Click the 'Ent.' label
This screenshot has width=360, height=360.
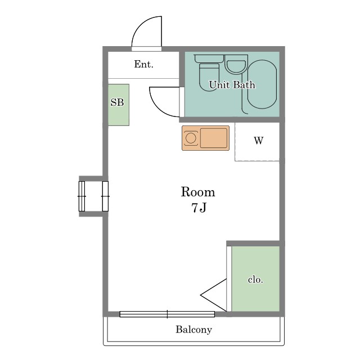(x=144, y=64)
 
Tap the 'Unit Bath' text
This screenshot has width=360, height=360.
(x=232, y=85)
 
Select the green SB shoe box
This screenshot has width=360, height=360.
(x=119, y=105)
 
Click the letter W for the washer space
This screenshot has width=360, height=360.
(x=259, y=140)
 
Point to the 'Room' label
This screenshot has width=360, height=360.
(x=198, y=192)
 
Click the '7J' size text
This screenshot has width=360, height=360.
(x=199, y=208)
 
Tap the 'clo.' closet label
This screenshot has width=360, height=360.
(x=255, y=280)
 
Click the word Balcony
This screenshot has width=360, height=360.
(x=193, y=330)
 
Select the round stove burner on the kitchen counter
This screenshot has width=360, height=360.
(x=191, y=138)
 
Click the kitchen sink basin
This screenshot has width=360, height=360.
(x=214, y=138)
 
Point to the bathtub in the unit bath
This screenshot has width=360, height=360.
(x=262, y=84)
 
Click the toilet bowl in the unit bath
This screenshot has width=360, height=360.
(x=209, y=78)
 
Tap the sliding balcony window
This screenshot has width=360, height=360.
(x=167, y=314)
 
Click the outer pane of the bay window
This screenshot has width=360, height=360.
(x=82, y=196)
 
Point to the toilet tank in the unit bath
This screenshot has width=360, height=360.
(x=209, y=58)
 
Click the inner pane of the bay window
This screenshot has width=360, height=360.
(x=105, y=196)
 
